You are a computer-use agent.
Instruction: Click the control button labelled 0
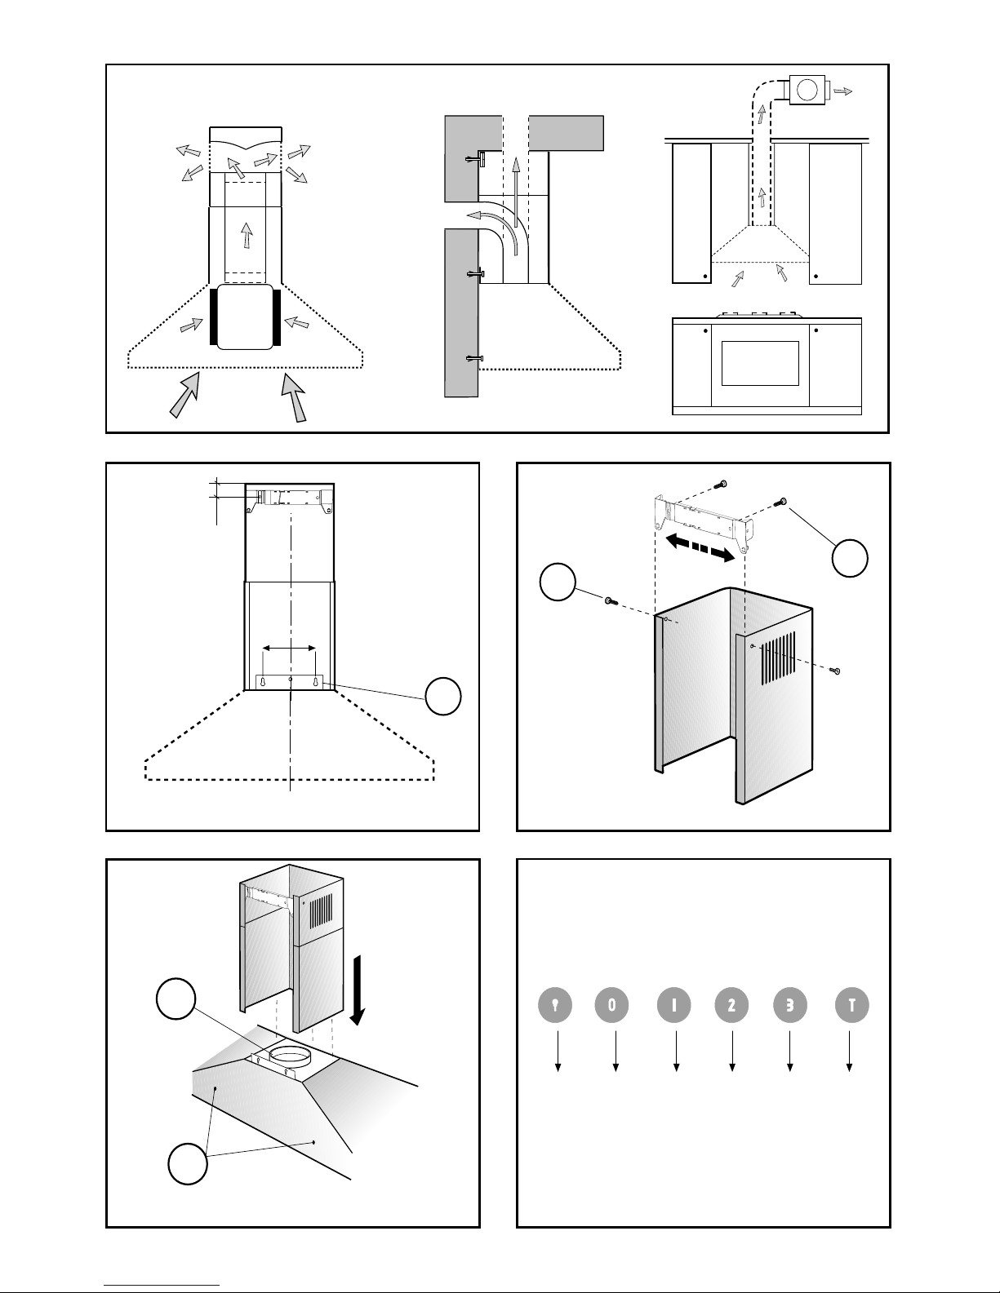612,1006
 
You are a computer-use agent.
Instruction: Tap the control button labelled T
851,1006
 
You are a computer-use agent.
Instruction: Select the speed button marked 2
731,1006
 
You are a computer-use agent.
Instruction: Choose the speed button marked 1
674,1006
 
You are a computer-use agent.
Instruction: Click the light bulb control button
555,1006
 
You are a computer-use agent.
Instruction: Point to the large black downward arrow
359,1003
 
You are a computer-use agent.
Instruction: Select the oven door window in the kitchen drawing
760,363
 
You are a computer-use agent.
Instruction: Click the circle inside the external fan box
807,88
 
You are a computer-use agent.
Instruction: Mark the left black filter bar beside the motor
213,317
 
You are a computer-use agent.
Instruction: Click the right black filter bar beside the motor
278,317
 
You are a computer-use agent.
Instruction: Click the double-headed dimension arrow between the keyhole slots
289,648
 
